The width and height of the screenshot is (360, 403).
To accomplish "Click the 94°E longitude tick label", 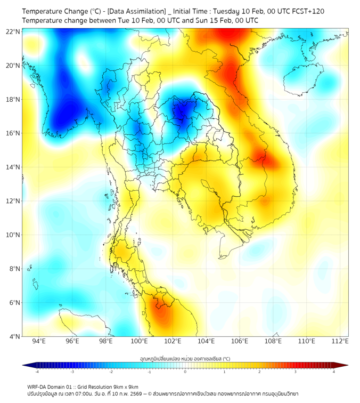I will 39,342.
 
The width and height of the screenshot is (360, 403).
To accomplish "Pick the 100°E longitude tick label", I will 140,342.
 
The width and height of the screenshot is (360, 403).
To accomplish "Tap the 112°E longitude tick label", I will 340,342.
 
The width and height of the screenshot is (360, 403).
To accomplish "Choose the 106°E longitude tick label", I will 240,342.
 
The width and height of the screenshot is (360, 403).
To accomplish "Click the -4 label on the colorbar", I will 36,372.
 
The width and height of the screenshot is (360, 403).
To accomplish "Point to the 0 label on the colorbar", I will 185,372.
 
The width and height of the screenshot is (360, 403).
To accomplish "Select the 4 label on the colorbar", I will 333,372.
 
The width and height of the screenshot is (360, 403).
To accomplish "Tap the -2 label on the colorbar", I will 110,372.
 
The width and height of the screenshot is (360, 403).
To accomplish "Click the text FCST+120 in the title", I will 305,11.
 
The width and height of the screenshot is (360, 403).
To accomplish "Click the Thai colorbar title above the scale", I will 185,358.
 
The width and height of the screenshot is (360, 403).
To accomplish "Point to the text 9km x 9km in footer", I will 126,386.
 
